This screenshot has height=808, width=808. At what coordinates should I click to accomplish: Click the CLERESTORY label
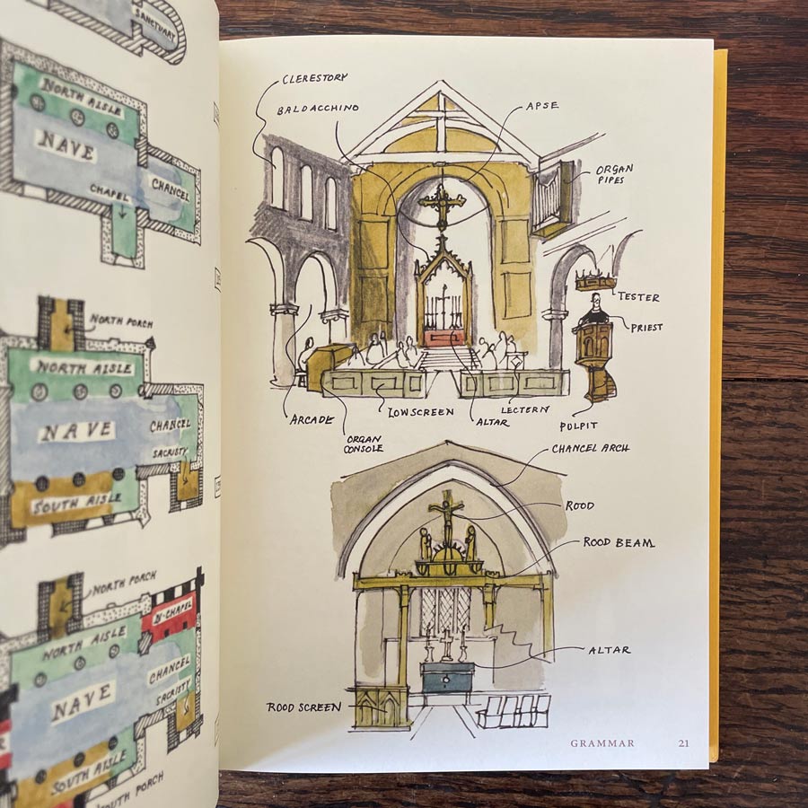pyautogui.click(x=314, y=78)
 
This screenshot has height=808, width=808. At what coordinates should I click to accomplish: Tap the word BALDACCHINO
pyautogui.click(x=318, y=109)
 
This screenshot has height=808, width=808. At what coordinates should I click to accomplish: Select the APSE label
pyautogui.click(x=541, y=105)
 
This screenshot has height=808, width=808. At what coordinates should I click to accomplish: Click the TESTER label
pyautogui.click(x=638, y=296)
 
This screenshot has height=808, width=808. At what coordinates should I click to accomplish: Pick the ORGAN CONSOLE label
pyautogui.click(x=364, y=444)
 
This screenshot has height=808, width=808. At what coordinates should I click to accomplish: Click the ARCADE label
pyautogui.click(x=312, y=418)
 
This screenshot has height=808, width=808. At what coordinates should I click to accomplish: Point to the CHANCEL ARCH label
pyautogui.click(x=590, y=448)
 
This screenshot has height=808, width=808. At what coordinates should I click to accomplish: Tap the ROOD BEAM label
pyautogui.click(x=619, y=542)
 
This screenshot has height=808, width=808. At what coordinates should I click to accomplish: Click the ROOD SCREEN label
pyautogui.click(x=303, y=707)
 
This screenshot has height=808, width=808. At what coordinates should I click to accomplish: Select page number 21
pyautogui.click(x=684, y=742)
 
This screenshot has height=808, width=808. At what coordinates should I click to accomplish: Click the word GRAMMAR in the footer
pyautogui.click(x=602, y=742)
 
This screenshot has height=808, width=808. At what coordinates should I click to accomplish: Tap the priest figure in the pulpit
pyautogui.click(x=592, y=311)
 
